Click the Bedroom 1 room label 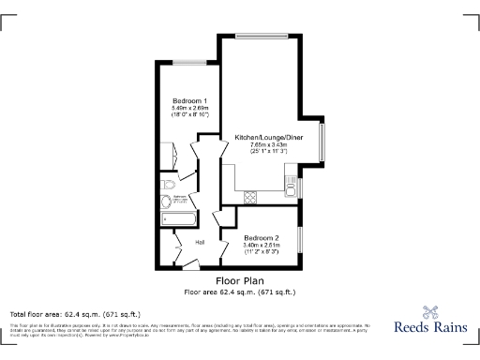[x=189, y=100]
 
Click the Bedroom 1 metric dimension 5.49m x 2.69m [x=189, y=109]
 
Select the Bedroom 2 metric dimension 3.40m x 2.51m [x=262, y=246]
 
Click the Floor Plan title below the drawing [x=240, y=280]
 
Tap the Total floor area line [x=75, y=313]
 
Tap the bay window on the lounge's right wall [x=323, y=141]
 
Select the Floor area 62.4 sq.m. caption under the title [x=240, y=292]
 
